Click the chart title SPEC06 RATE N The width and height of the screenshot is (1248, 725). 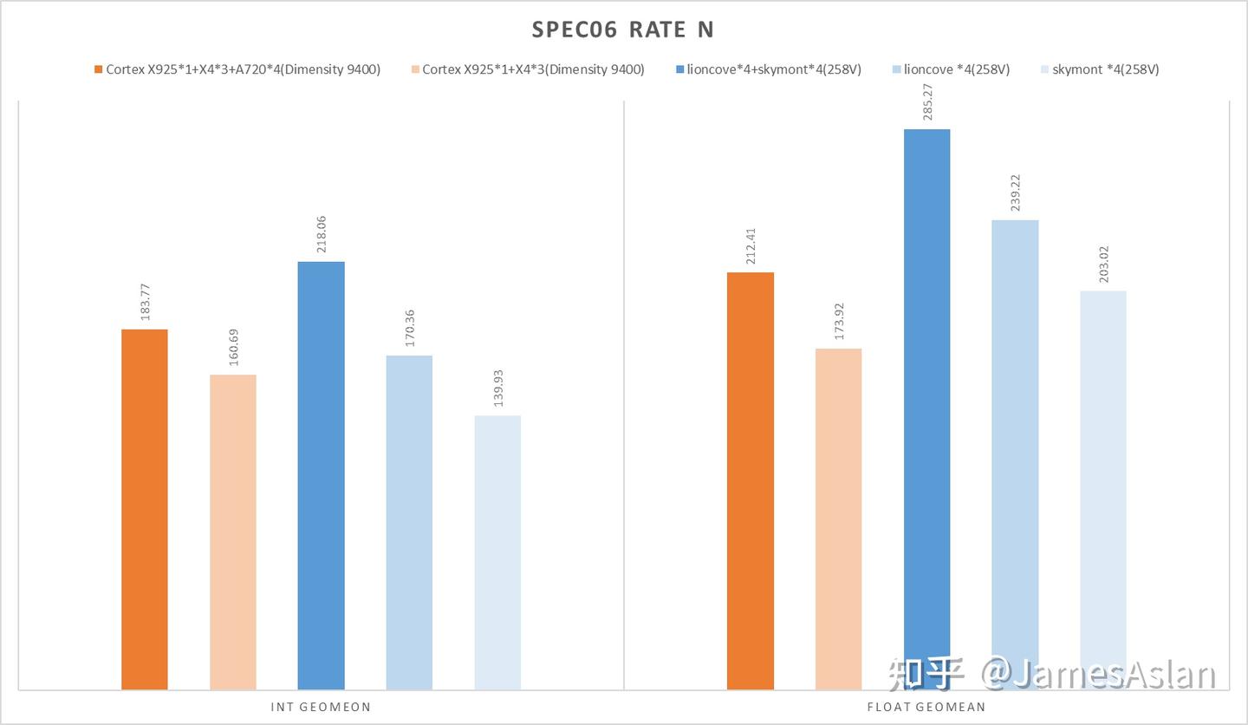tap(623, 29)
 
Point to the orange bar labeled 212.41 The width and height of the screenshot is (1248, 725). tap(751, 480)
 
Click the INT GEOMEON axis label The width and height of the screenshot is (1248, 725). tap(321, 707)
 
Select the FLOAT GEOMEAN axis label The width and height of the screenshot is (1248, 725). tap(926, 707)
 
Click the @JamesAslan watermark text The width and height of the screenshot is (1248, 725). tap(1098, 674)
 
